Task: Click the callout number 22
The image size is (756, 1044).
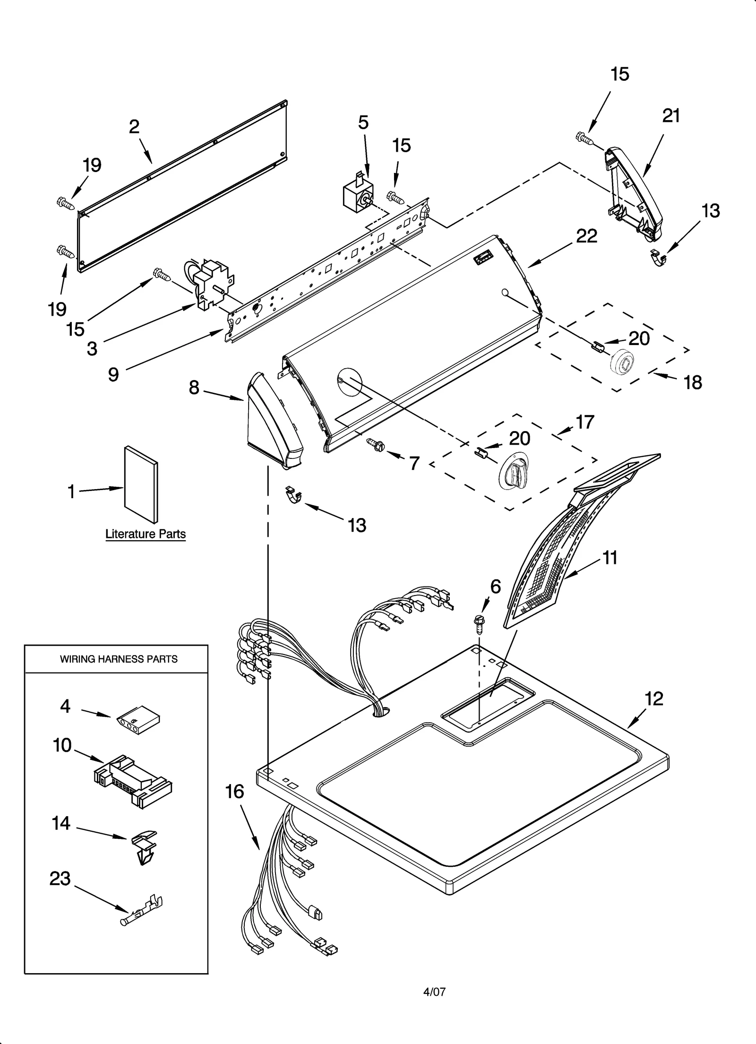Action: click(x=587, y=236)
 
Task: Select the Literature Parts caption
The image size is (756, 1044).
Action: click(x=145, y=534)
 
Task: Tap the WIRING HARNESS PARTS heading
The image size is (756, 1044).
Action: click(x=119, y=659)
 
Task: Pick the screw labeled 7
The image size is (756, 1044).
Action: click(x=377, y=443)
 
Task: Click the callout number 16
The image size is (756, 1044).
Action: click(x=235, y=792)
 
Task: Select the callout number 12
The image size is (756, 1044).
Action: click(x=654, y=699)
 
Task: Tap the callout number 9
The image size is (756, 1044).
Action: click(x=113, y=374)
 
